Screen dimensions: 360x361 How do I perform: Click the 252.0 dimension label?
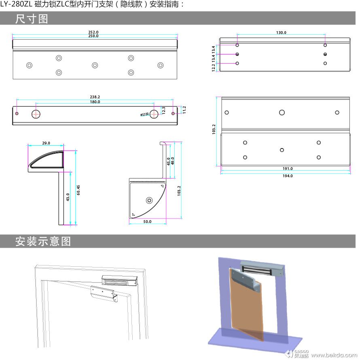pyautogui.click(x=93, y=32)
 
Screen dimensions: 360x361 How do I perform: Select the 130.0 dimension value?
pyautogui.click(x=281, y=33)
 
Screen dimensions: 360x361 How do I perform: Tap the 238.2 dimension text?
pyautogui.click(x=95, y=97)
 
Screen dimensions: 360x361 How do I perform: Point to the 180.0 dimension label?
pyautogui.click(x=95, y=102)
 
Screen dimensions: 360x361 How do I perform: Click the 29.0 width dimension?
pyautogui.click(x=46, y=143)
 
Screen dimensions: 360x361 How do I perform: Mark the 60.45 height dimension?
pyautogui.click(x=78, y=190)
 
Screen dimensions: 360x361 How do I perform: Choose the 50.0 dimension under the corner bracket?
pyautogui.click(x=147, y=221)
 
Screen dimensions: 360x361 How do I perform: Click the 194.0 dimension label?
pyautogui.click(x=288, y=176)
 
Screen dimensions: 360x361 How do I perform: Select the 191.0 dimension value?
pyautogui.click(x=288, y=168)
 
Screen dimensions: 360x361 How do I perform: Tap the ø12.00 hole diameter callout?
pyautogui.click(x=144, y=114)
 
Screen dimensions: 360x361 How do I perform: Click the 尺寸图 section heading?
pyautogui.click(x=32, y=19)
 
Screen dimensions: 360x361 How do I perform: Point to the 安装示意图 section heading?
pyautogui.click(x=43, y=241)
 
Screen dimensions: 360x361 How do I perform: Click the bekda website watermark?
pyautogui.click(x=334, y=355)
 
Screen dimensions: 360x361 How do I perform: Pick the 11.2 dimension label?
pyautogui.click(x=184, y=110)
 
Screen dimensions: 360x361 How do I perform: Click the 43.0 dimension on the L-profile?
pyautogui.click(x=68, y=197)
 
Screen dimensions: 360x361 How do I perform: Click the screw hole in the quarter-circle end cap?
pyautogui.click(x=149, y=200)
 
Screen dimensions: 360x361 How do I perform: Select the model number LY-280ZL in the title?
pyautogui.click(x=16, y=4)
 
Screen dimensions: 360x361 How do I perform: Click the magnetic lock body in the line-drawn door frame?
pyautogui.click(x=119, y=280)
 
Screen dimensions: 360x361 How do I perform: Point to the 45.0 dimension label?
pyautogui.click(x=169, y=161)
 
